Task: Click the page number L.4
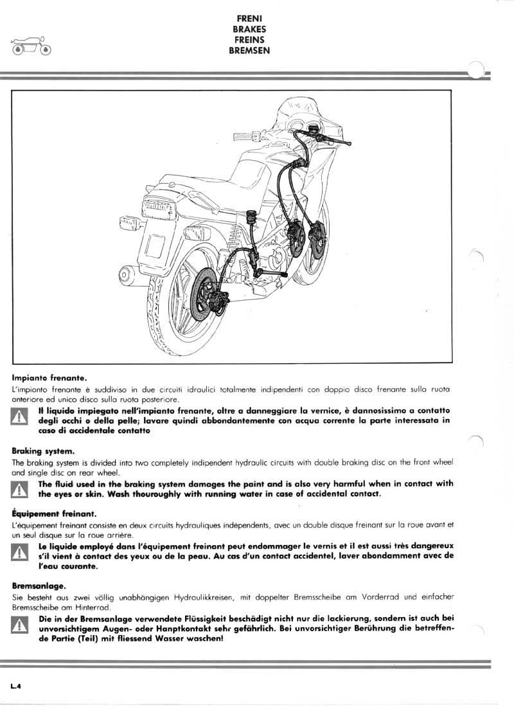(x=17, y=686)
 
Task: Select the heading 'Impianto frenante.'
(x=49, y=379)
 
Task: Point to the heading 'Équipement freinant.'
(x=54, y=514)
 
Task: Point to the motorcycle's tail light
(x=157, y=206)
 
